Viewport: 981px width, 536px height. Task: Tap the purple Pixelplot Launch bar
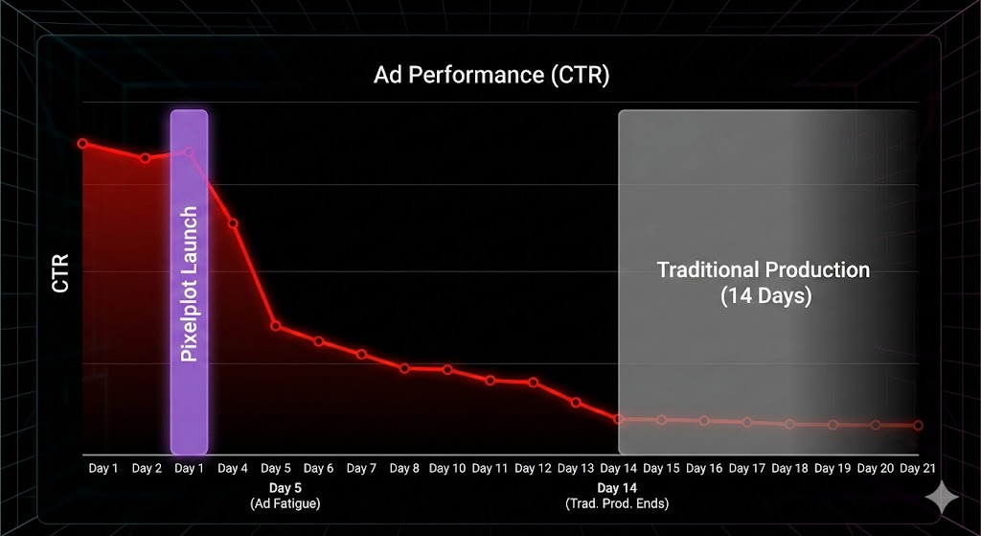tap(189, 282)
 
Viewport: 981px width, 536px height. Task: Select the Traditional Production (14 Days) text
tap(764, 283)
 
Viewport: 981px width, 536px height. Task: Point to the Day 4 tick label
tap(233, 468)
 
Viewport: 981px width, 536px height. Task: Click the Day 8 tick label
tap(404, 468)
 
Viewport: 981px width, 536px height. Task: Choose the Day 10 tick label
tap(447, 468)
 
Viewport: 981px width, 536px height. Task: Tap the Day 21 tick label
tap(918, 468)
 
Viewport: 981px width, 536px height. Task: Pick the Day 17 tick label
tap(746, 468)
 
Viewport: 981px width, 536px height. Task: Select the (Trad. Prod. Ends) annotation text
tap(617, 503)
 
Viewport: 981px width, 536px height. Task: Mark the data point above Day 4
tap(233, 223)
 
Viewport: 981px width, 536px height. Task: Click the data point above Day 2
tap(146, 158)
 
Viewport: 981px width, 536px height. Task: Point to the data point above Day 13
tap(576, 402)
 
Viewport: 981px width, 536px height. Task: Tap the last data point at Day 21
tap(918, 425)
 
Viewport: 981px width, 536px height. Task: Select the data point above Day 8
tap(404, 368)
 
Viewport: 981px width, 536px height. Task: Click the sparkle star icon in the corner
tap(942, 497)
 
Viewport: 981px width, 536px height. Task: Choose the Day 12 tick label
tap(533, 468)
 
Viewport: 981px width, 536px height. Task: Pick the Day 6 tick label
tap(318, 468)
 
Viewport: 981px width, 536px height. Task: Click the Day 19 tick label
tap(833, 468)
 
